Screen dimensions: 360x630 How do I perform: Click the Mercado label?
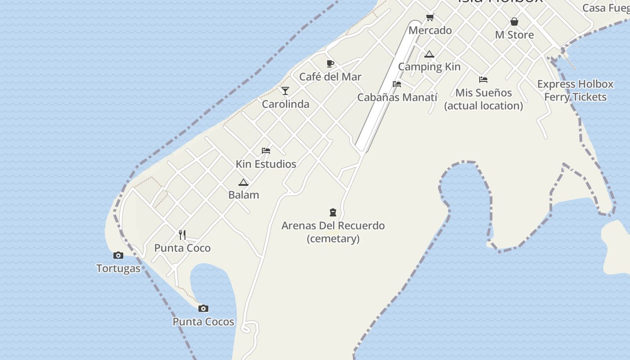(x=430, y=31)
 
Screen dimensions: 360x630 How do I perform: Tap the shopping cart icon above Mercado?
(x=430, y=18)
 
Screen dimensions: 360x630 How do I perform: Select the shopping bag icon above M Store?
(x=514, y=22)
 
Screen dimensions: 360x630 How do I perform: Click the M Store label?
(x=514, y=35)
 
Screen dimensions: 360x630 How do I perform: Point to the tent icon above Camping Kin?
(x=429, y=54)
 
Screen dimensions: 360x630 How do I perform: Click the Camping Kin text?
(x=429, y=67)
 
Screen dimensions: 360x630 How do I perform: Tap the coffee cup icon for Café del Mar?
(x=330, y=63)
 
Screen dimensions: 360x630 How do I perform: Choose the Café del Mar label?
(x=330, y=77)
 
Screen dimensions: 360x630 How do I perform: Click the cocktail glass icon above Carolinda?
(x=285, y=91)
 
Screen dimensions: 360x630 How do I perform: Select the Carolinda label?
(x=285, y=104)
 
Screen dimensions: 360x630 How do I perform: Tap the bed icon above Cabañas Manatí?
(x=396, y=84)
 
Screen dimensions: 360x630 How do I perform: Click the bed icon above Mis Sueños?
(x=483, y=80)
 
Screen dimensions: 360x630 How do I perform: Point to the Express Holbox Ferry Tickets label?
(x=575, y=90)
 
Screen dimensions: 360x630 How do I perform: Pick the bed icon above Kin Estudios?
(x=265, y=151)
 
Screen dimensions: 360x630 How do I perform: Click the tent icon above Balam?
(x=243, y=182)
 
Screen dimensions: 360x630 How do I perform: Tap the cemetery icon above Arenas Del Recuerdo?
(x=333, y=212)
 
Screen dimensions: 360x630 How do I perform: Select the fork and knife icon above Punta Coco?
(x=182, y=234)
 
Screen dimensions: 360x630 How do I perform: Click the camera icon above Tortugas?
(x=118, y=255)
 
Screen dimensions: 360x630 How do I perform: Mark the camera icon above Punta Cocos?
(x=203, y=308)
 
